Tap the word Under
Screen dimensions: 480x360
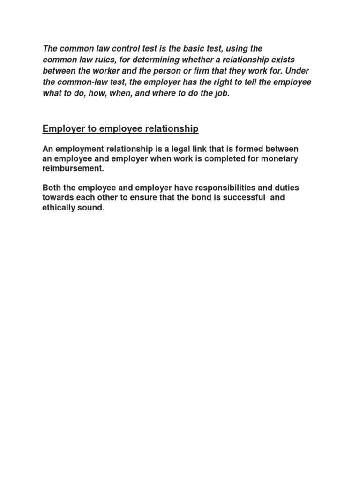pyautogui.click(x=299, y=71)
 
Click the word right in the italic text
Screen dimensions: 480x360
pyautogui.click(x=215, y=82)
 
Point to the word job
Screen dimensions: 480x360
pyautogui.click(x=222, y=94)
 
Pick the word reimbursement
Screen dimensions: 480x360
pyautogui.click(x=73, y=169)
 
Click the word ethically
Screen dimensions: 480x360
pyautogui.click(x=60, y=208)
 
